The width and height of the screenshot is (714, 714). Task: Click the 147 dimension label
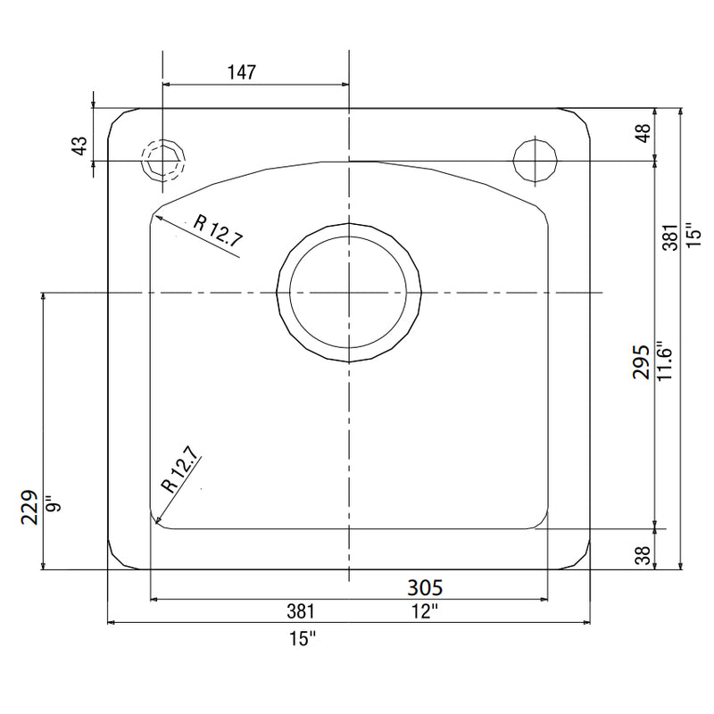pyautogui.click(x=242, y=72)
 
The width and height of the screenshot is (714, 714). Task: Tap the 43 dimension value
pyautogui.click(x=80, y=145)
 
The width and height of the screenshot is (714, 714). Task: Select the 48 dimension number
pyautogui.click(x=643, y=132)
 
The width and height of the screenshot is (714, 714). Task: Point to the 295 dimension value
pyautogui.click(x=641, y=362)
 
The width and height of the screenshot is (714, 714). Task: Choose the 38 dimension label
pyautogui.click(x=643, y=555)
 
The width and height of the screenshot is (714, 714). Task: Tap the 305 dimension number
pyautogui.click(x=425, y=587)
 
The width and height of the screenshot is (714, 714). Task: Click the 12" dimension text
pyautogui.click(x=425, y=611)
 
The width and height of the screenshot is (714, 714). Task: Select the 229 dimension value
pyautogui.click(x=29, y=508)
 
